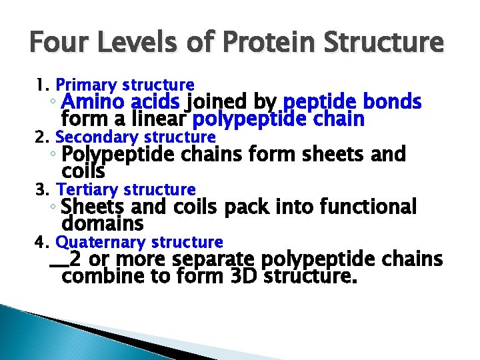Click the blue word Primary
point(83,85)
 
